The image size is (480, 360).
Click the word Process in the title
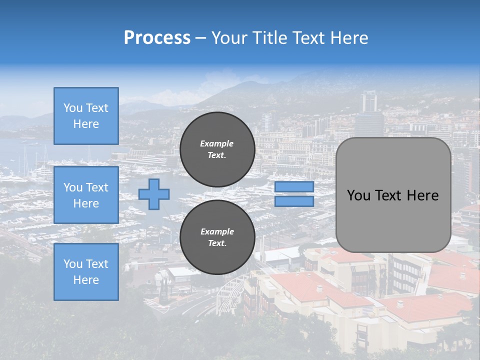(157, 37)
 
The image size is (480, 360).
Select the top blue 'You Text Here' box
(86, 116)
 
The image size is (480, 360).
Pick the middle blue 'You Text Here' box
(86, 195)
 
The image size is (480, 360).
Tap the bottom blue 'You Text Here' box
(86, 272)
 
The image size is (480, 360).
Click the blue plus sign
(154, 194)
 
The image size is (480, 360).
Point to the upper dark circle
(217, 149)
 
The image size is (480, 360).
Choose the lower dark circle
(217, 237)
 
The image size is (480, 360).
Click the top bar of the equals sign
(294, 186)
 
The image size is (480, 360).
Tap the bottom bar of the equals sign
(294, 201)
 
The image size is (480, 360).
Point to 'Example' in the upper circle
(217, 143)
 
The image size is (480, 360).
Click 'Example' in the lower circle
(217, 231)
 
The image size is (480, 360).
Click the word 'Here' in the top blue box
(86, 124)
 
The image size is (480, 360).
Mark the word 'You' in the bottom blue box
(73, 264)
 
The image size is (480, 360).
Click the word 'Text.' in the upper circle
(217, 155)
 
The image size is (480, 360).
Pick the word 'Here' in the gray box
(423, 195)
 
